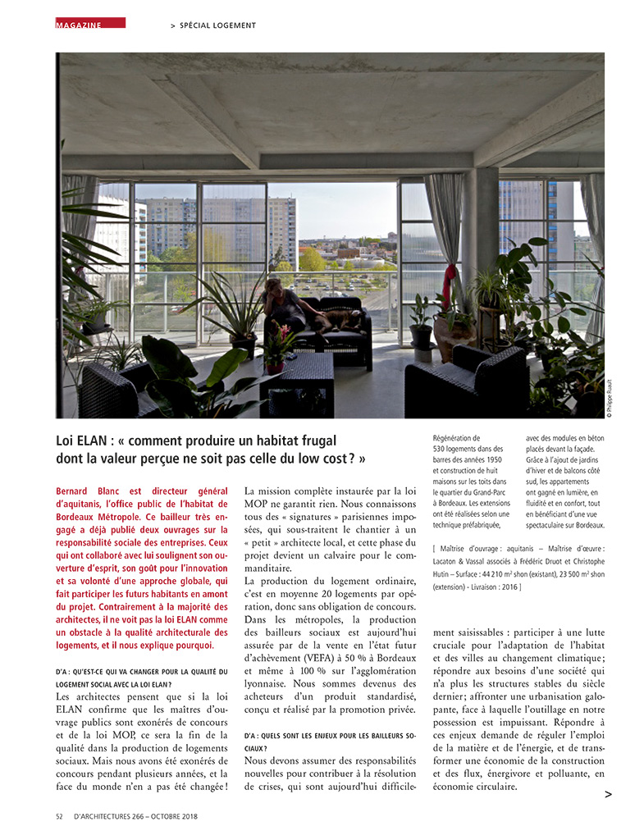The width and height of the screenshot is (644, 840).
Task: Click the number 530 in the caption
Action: click(440, 449)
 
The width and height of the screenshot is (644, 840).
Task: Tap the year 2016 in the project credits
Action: click(507, 587)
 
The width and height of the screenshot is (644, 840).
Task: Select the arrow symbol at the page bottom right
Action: click(607, 794)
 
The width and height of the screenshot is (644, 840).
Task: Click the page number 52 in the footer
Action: click(60, 817)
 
